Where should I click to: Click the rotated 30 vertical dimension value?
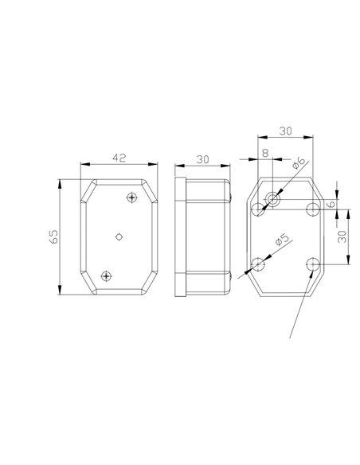343,236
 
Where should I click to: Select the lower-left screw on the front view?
106,275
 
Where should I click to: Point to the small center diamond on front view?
119,236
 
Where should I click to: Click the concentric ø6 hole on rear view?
273,198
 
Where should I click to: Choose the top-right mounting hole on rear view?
313,209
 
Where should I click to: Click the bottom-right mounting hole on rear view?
313,264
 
